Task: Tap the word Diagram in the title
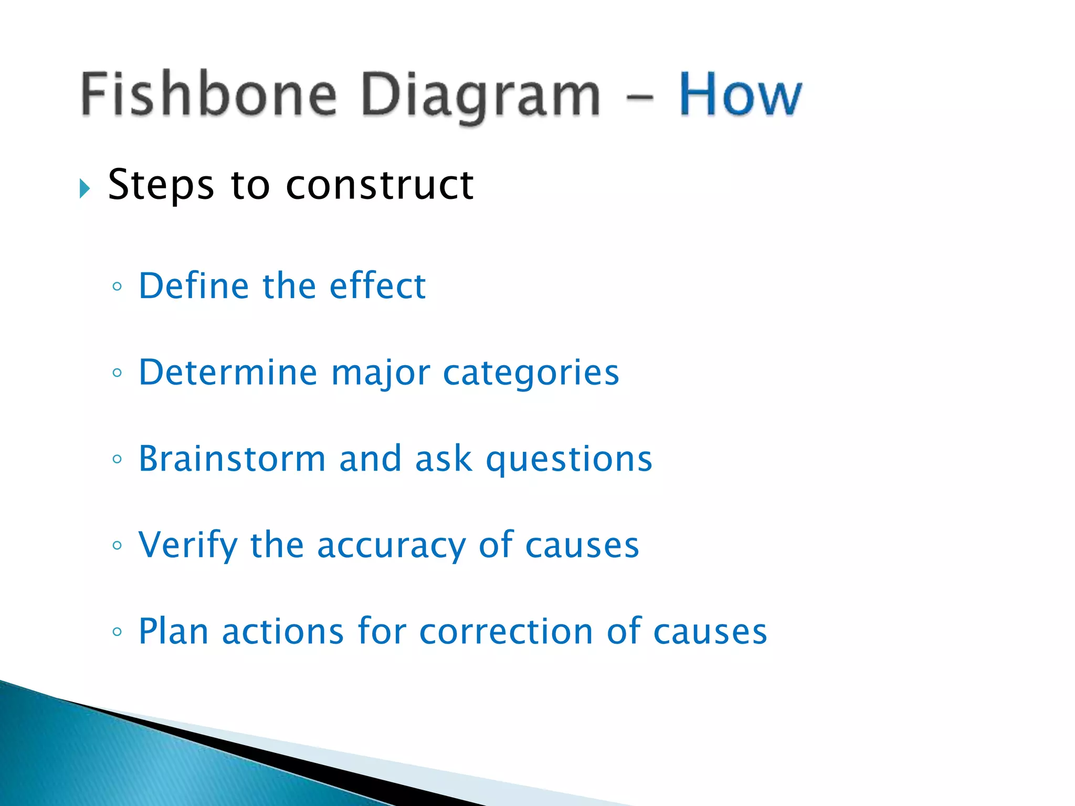pyautogui.click(x=480, y=97)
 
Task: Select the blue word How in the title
pyautogui.click(x=740, y=94)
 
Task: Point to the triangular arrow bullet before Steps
pyautogui.click(x=85, y=188)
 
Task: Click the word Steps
pyautogui.click(x=161, y=185)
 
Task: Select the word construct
pyautogui.click(x=380, y=185)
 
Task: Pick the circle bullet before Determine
pyautogui.click(x=117, y=373)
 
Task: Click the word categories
pyautogui.click(x=531, y=373)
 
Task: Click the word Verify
pyautogui.click(x=188, y=546)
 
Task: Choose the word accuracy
pyautogui.click(x=391, y=546)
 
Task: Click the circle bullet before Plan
pyautogui.click(x=117, y=631)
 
